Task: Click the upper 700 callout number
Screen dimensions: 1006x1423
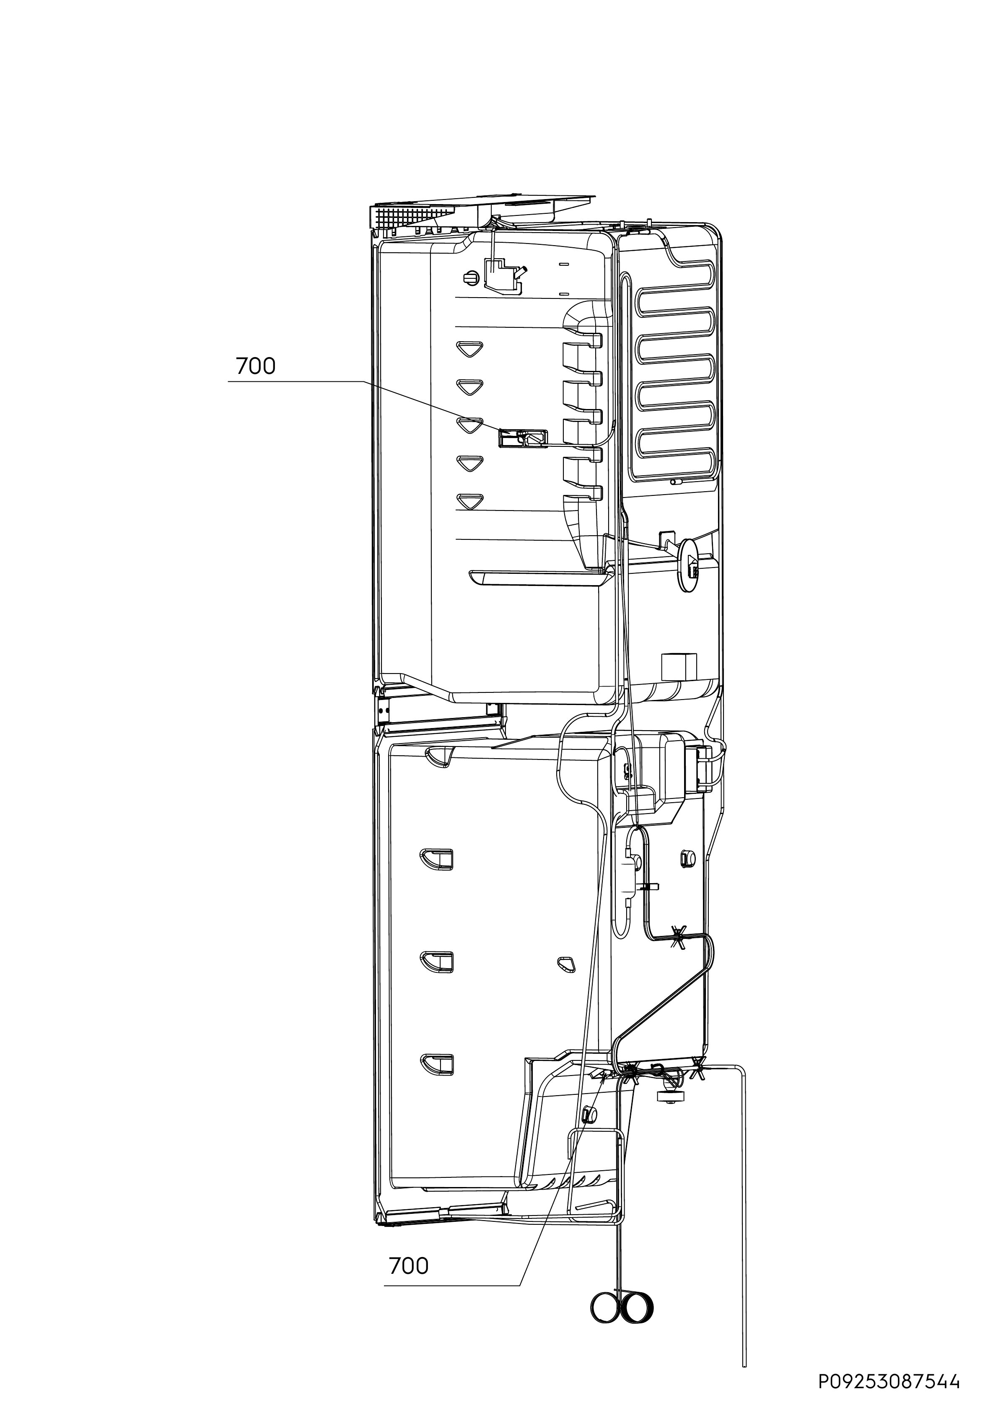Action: pos(255,367)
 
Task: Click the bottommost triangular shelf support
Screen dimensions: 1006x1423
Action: pos(470,501)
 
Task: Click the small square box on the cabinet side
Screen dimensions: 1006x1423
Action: pos(679,667)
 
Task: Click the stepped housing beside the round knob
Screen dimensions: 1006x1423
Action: pos(503,275)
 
